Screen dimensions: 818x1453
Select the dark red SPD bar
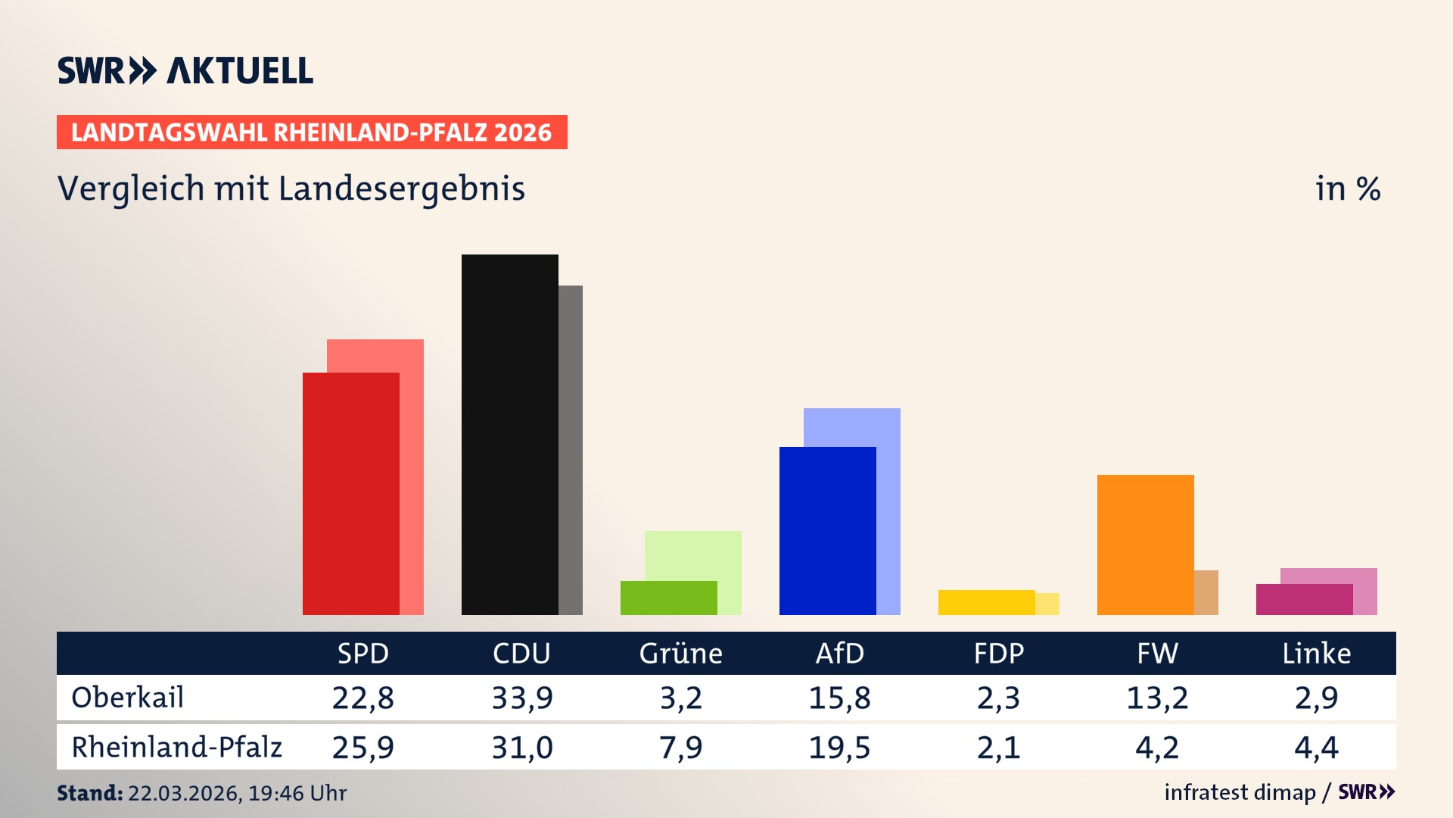pos(350,493)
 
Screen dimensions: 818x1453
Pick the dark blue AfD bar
pos(827,530)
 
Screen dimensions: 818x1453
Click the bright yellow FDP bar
pos(986,602)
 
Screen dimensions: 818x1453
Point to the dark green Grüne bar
pos(668,598)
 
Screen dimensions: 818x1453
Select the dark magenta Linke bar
pos(1304,599)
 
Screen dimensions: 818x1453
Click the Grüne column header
pos(680,653)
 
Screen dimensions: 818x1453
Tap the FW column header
pos(1157,653)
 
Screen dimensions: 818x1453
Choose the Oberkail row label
pos(127,698)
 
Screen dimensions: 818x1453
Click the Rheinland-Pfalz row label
pos(176,747)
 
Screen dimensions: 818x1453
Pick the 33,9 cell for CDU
pos(522,698)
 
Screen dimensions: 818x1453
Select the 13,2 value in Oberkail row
pos(1157,698)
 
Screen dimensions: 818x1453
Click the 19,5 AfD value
pos(839,748)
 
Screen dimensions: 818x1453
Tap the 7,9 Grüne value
pos(680,748)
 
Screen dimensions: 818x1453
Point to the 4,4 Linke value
pos(1316,748)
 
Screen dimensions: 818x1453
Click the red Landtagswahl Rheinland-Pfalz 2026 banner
pos(311,132)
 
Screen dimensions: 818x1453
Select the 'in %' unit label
pos(1347,189)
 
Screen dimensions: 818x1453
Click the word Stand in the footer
pos(89,793)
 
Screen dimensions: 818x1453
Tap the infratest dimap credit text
pos(1239,792)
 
